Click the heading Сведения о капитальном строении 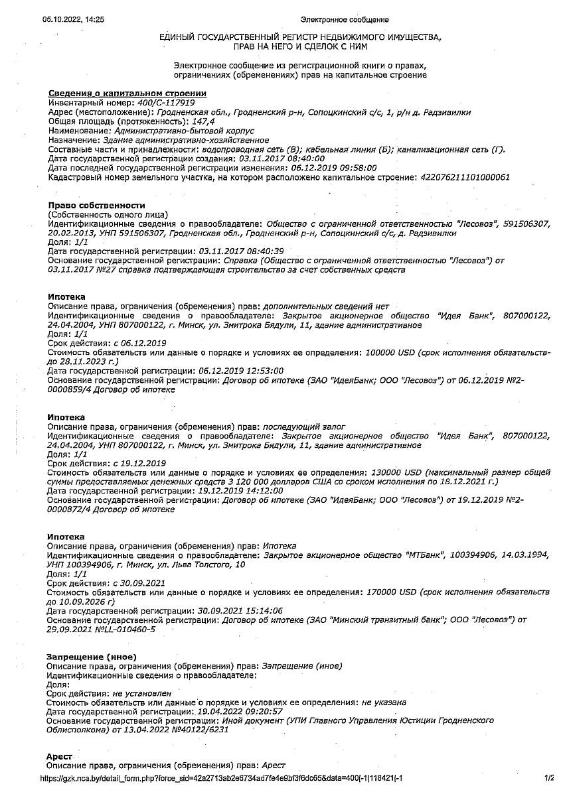[x=127, y=94]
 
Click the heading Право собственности [x=96, y=206]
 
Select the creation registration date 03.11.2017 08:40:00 [x=282, y=159]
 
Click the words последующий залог [x=304, y=426]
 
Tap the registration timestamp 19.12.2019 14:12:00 [x=241, y=491]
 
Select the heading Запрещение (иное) [x=91, y=656]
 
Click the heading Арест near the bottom [x=60, y=756]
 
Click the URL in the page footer [x=222, y=778]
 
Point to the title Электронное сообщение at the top [x=345, y=20]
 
